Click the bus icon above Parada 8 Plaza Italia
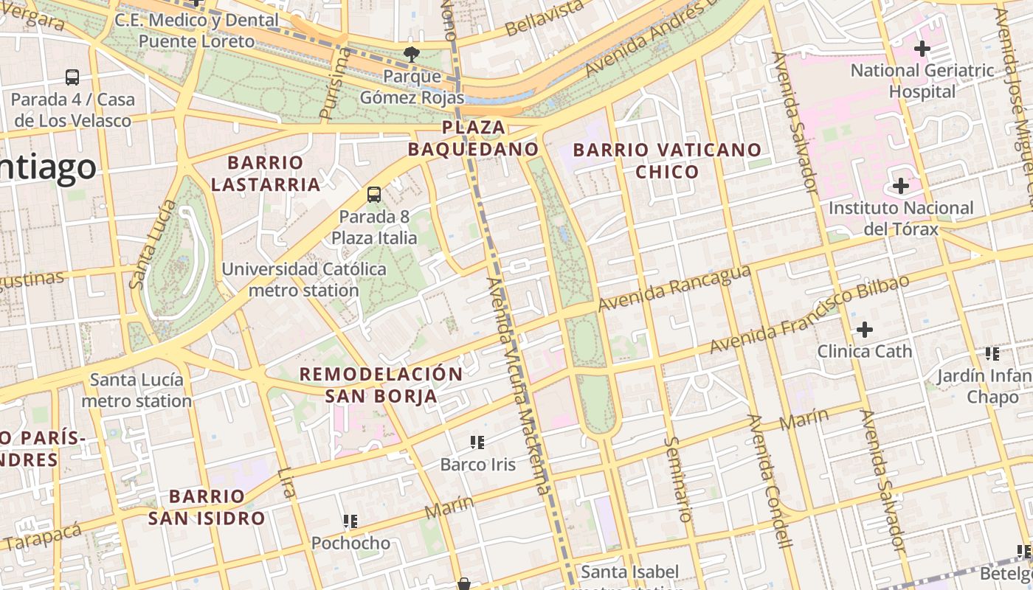(x=374, y=195)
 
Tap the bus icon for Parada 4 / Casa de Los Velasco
(x=72, y=77)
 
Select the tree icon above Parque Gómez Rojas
(x=411, y=53)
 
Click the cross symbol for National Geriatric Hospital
(x=922, y=49)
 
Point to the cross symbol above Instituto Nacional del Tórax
(x=900, y=186)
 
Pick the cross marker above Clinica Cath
(x=864, y=329)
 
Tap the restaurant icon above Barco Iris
(x=477, y=442)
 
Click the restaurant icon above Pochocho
(x=350, y=521)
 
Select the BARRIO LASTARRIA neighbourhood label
(x=266, y=173)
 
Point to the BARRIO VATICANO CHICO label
(x=667, y=161)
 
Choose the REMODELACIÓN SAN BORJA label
(x=381, y=385)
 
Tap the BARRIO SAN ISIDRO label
(x=207, y=507)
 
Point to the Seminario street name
(x=679, y=479)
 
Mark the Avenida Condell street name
(x=769, y=492)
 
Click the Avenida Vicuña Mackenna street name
(x=519, y=386)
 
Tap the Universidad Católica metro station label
(x=304, y=280)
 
